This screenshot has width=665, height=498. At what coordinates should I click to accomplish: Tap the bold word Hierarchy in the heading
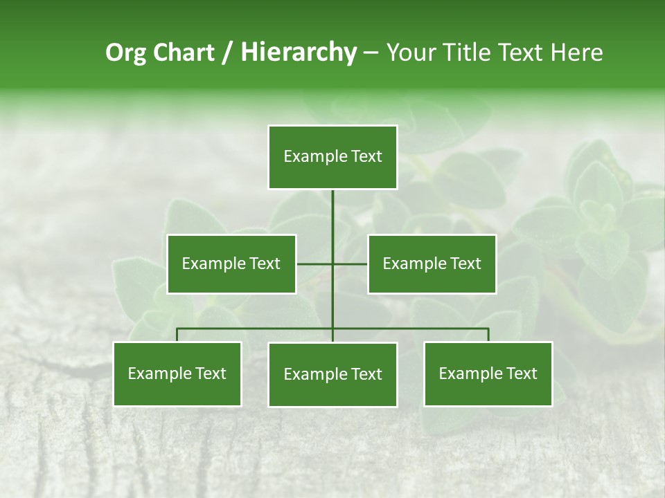pyautogui.click(x=299, y=53)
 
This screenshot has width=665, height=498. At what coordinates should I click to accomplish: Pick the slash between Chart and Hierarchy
pyautogui.click(x=227, y=53)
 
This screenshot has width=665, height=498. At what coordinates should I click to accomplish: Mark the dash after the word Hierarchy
pyautogui.click(x=371, y=53)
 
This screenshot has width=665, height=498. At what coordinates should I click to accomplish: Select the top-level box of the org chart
pyautogui.click(x=332, y=157)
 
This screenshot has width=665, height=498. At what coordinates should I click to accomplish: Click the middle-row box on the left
pyautogui.click(x=231, y=264)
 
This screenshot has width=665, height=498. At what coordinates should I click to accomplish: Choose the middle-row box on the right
pyautogui.click(x=432, y=264)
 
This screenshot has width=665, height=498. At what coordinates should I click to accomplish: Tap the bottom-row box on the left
pyautogui.click(x=177, y=373)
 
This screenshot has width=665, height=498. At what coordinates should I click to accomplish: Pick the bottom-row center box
pyautogui.click(x=332, y=374)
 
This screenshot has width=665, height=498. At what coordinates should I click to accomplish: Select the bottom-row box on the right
pyautogui.click(x=488, y=373)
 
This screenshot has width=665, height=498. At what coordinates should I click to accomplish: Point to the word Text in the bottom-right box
pyautogui.click(x=521, y=373)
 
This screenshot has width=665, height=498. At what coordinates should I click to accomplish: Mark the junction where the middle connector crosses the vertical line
pyautogui.click(x=332, y=264)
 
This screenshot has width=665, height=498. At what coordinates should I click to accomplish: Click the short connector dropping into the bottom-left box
pyautogui.click(x=177, y=335)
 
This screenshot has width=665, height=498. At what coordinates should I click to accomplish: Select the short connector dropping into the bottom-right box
pyautogui.click(x=488, y=335)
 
